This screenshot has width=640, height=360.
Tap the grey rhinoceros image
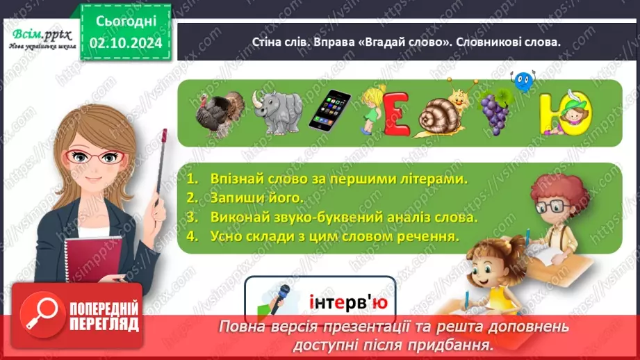click(x=275, y=111)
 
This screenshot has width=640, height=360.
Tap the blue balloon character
click(x=523, y=81)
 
